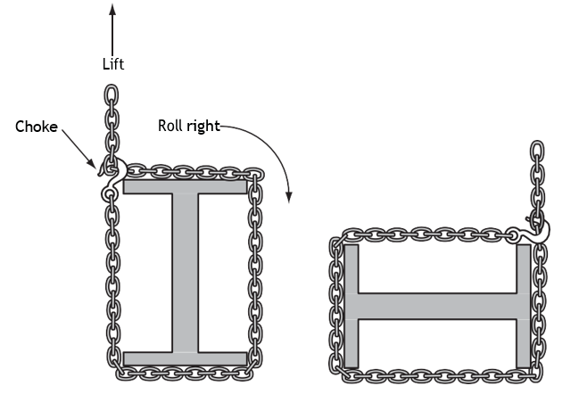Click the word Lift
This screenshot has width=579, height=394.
[113, 64]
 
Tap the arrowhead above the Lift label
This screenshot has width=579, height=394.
[112, 10]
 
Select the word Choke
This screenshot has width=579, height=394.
[37, 127]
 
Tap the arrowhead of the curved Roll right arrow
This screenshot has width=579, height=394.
[289, 197]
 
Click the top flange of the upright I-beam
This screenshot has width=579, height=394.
[185, 186]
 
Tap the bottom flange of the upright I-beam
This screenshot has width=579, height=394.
[185, 359]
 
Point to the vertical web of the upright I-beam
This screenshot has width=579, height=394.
[186, 273]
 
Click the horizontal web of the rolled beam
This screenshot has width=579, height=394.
[437, 307]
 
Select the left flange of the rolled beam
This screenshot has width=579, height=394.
[352, 307]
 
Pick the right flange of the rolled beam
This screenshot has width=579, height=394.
[524, 307]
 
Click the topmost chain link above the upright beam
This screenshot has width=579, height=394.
[112, 95]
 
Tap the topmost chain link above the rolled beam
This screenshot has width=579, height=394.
[537, 152]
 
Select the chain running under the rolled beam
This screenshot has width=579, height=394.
[440, 376]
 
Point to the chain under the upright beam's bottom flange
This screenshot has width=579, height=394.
[185, 373]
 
